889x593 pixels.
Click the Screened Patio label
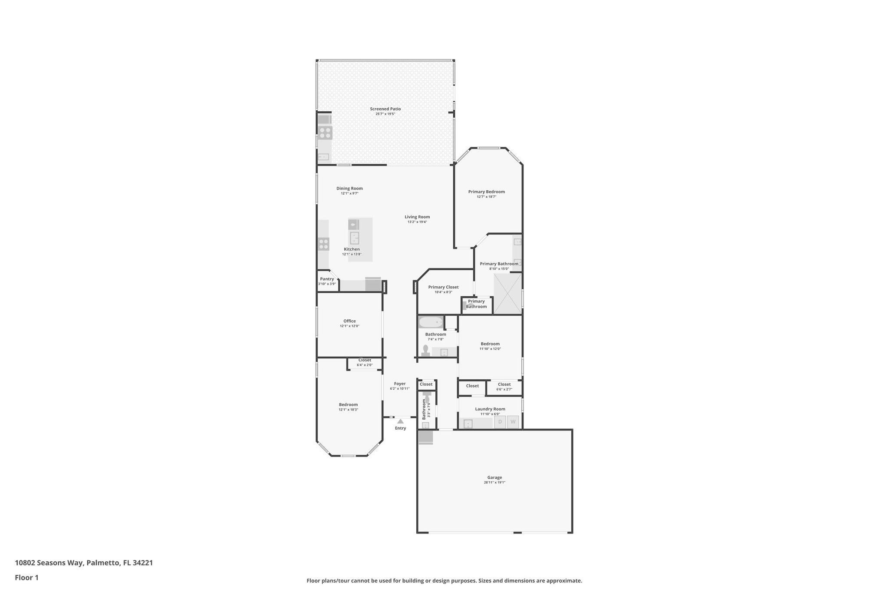click(385, 109)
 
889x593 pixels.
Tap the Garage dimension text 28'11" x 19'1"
click(494, 483)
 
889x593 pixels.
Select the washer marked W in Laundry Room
click(513, 422)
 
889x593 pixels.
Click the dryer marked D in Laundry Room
click(500, 422)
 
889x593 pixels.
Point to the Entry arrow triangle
click(400, 421)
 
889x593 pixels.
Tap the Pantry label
click(327, 279)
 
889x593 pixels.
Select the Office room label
click(349, 321)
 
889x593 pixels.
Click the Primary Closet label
click(443, 287)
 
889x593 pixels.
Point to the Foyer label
click(400, 384)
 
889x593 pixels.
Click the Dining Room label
click(349, 189)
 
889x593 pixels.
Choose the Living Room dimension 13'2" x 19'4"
click(417, 222)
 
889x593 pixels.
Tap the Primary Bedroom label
click(486, 192)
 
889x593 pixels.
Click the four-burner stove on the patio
click(325, 133)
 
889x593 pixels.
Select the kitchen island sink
click(355, 238)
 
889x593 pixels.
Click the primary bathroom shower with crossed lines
click(507, 293)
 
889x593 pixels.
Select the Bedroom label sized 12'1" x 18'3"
click(348, 404)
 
